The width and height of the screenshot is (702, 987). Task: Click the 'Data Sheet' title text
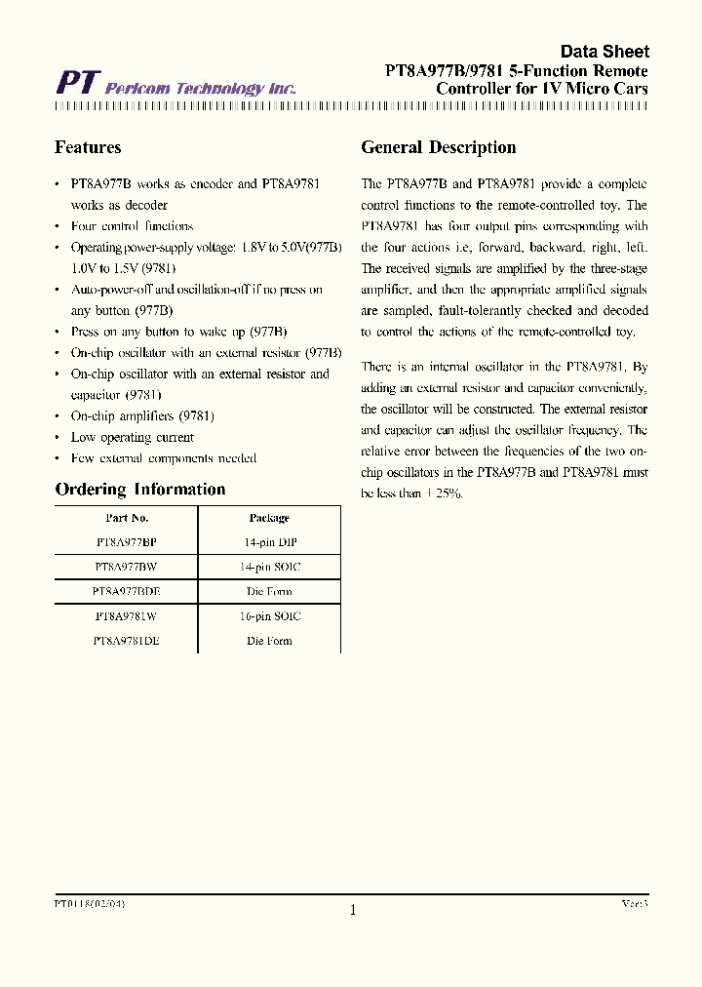coord(604,52)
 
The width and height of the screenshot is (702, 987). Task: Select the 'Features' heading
coord(88,147)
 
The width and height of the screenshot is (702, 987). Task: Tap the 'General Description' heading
coord(438,147)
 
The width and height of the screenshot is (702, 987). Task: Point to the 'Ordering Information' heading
coord(139,490)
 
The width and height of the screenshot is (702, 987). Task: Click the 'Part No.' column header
coord(127,518)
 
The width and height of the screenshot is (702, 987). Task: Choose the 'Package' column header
coord(269,518)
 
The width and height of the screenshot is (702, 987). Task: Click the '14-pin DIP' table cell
coord(269,542)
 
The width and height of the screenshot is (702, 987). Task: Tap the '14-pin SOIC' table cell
coord(269,567)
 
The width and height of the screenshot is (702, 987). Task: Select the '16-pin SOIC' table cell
coord(269,616)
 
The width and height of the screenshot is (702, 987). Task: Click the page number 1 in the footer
coord(353,910)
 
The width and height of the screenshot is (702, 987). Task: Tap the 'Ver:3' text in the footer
coord(635,904)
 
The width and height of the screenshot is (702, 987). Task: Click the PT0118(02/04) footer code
coord(90,904)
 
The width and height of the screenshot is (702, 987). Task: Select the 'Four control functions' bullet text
coord(132,226)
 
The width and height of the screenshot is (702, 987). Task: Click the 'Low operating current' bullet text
coord(132,437)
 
